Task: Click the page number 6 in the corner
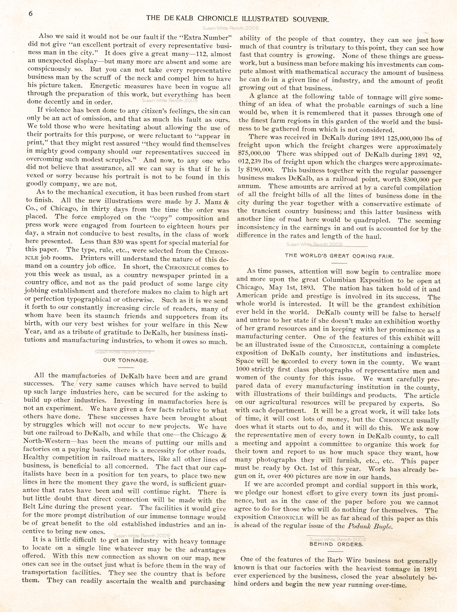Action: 31,13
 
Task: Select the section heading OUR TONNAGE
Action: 126,360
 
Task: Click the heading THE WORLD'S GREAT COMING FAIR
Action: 339,256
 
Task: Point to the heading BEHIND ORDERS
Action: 336,544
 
